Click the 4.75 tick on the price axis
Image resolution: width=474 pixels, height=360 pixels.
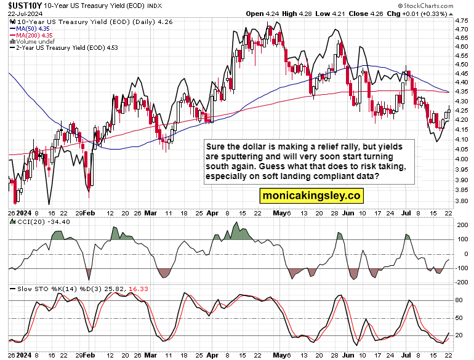pos(460,21)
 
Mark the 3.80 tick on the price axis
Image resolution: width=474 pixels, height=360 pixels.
pos(460,200)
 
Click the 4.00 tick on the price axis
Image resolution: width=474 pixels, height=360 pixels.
pos(460,159)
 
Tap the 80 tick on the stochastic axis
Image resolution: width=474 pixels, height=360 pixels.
pos(459,300)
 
